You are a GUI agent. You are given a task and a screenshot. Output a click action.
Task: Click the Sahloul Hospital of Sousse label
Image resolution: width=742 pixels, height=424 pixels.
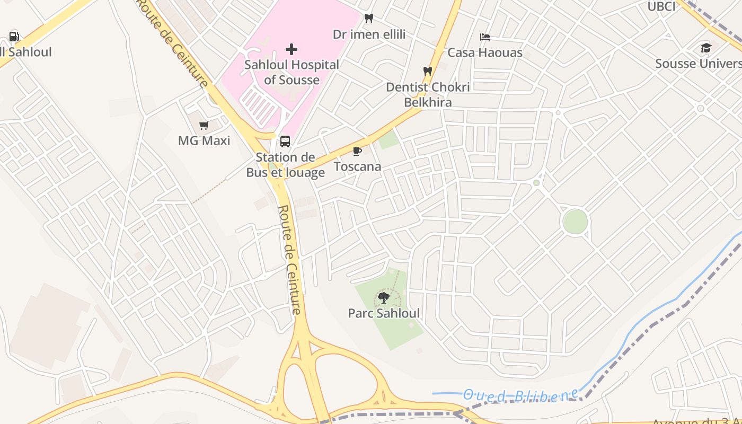pos(291,73)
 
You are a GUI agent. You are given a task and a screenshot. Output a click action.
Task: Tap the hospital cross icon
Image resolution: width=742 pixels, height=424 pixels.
pos(291,49)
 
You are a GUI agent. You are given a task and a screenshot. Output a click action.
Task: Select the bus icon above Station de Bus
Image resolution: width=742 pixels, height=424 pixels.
pos(285,142)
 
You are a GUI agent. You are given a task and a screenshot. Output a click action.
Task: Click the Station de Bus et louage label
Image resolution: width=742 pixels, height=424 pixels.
pos(285,165)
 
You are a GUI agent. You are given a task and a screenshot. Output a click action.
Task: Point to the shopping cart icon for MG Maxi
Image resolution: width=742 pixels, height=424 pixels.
pos(204,126)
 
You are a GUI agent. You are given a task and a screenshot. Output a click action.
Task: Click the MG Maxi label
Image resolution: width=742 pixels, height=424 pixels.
pos(204,141)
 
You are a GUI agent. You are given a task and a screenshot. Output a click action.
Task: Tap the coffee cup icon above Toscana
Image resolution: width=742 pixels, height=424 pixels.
pos(357,152)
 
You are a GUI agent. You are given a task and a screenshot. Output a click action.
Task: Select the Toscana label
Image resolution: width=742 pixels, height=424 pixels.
pos(357,167)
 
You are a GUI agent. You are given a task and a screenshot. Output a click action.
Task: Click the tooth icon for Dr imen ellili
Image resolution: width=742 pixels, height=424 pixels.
pos(369,19)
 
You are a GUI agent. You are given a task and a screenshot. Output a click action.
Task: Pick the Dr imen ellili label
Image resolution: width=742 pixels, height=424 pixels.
pos(369,34)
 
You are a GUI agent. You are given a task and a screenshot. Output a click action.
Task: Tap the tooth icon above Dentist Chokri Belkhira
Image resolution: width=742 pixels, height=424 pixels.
pos(427,71)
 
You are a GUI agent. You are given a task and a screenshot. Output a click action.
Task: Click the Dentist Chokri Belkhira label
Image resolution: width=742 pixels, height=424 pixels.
pos(428,94)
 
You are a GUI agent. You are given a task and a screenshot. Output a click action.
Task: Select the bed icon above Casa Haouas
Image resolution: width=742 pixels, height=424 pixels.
pos(485,37)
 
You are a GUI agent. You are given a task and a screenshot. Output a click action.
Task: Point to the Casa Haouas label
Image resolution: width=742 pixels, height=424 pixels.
pos(485,53)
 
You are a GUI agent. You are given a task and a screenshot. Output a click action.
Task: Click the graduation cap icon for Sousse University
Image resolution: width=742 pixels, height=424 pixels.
pos(706,48)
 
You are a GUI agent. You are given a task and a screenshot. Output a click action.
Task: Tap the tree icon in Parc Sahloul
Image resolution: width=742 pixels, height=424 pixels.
pos(384,298)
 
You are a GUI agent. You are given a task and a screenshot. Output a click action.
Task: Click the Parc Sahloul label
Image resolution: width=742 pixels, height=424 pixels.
pos(384,313)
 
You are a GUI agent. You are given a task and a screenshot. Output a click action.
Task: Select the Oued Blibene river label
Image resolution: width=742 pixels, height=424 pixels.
pos(520,395)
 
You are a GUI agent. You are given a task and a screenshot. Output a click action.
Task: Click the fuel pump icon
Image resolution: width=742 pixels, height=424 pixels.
pos(14,37)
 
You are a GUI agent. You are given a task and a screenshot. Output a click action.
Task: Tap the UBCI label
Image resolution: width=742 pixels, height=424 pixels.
pos(661,6)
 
